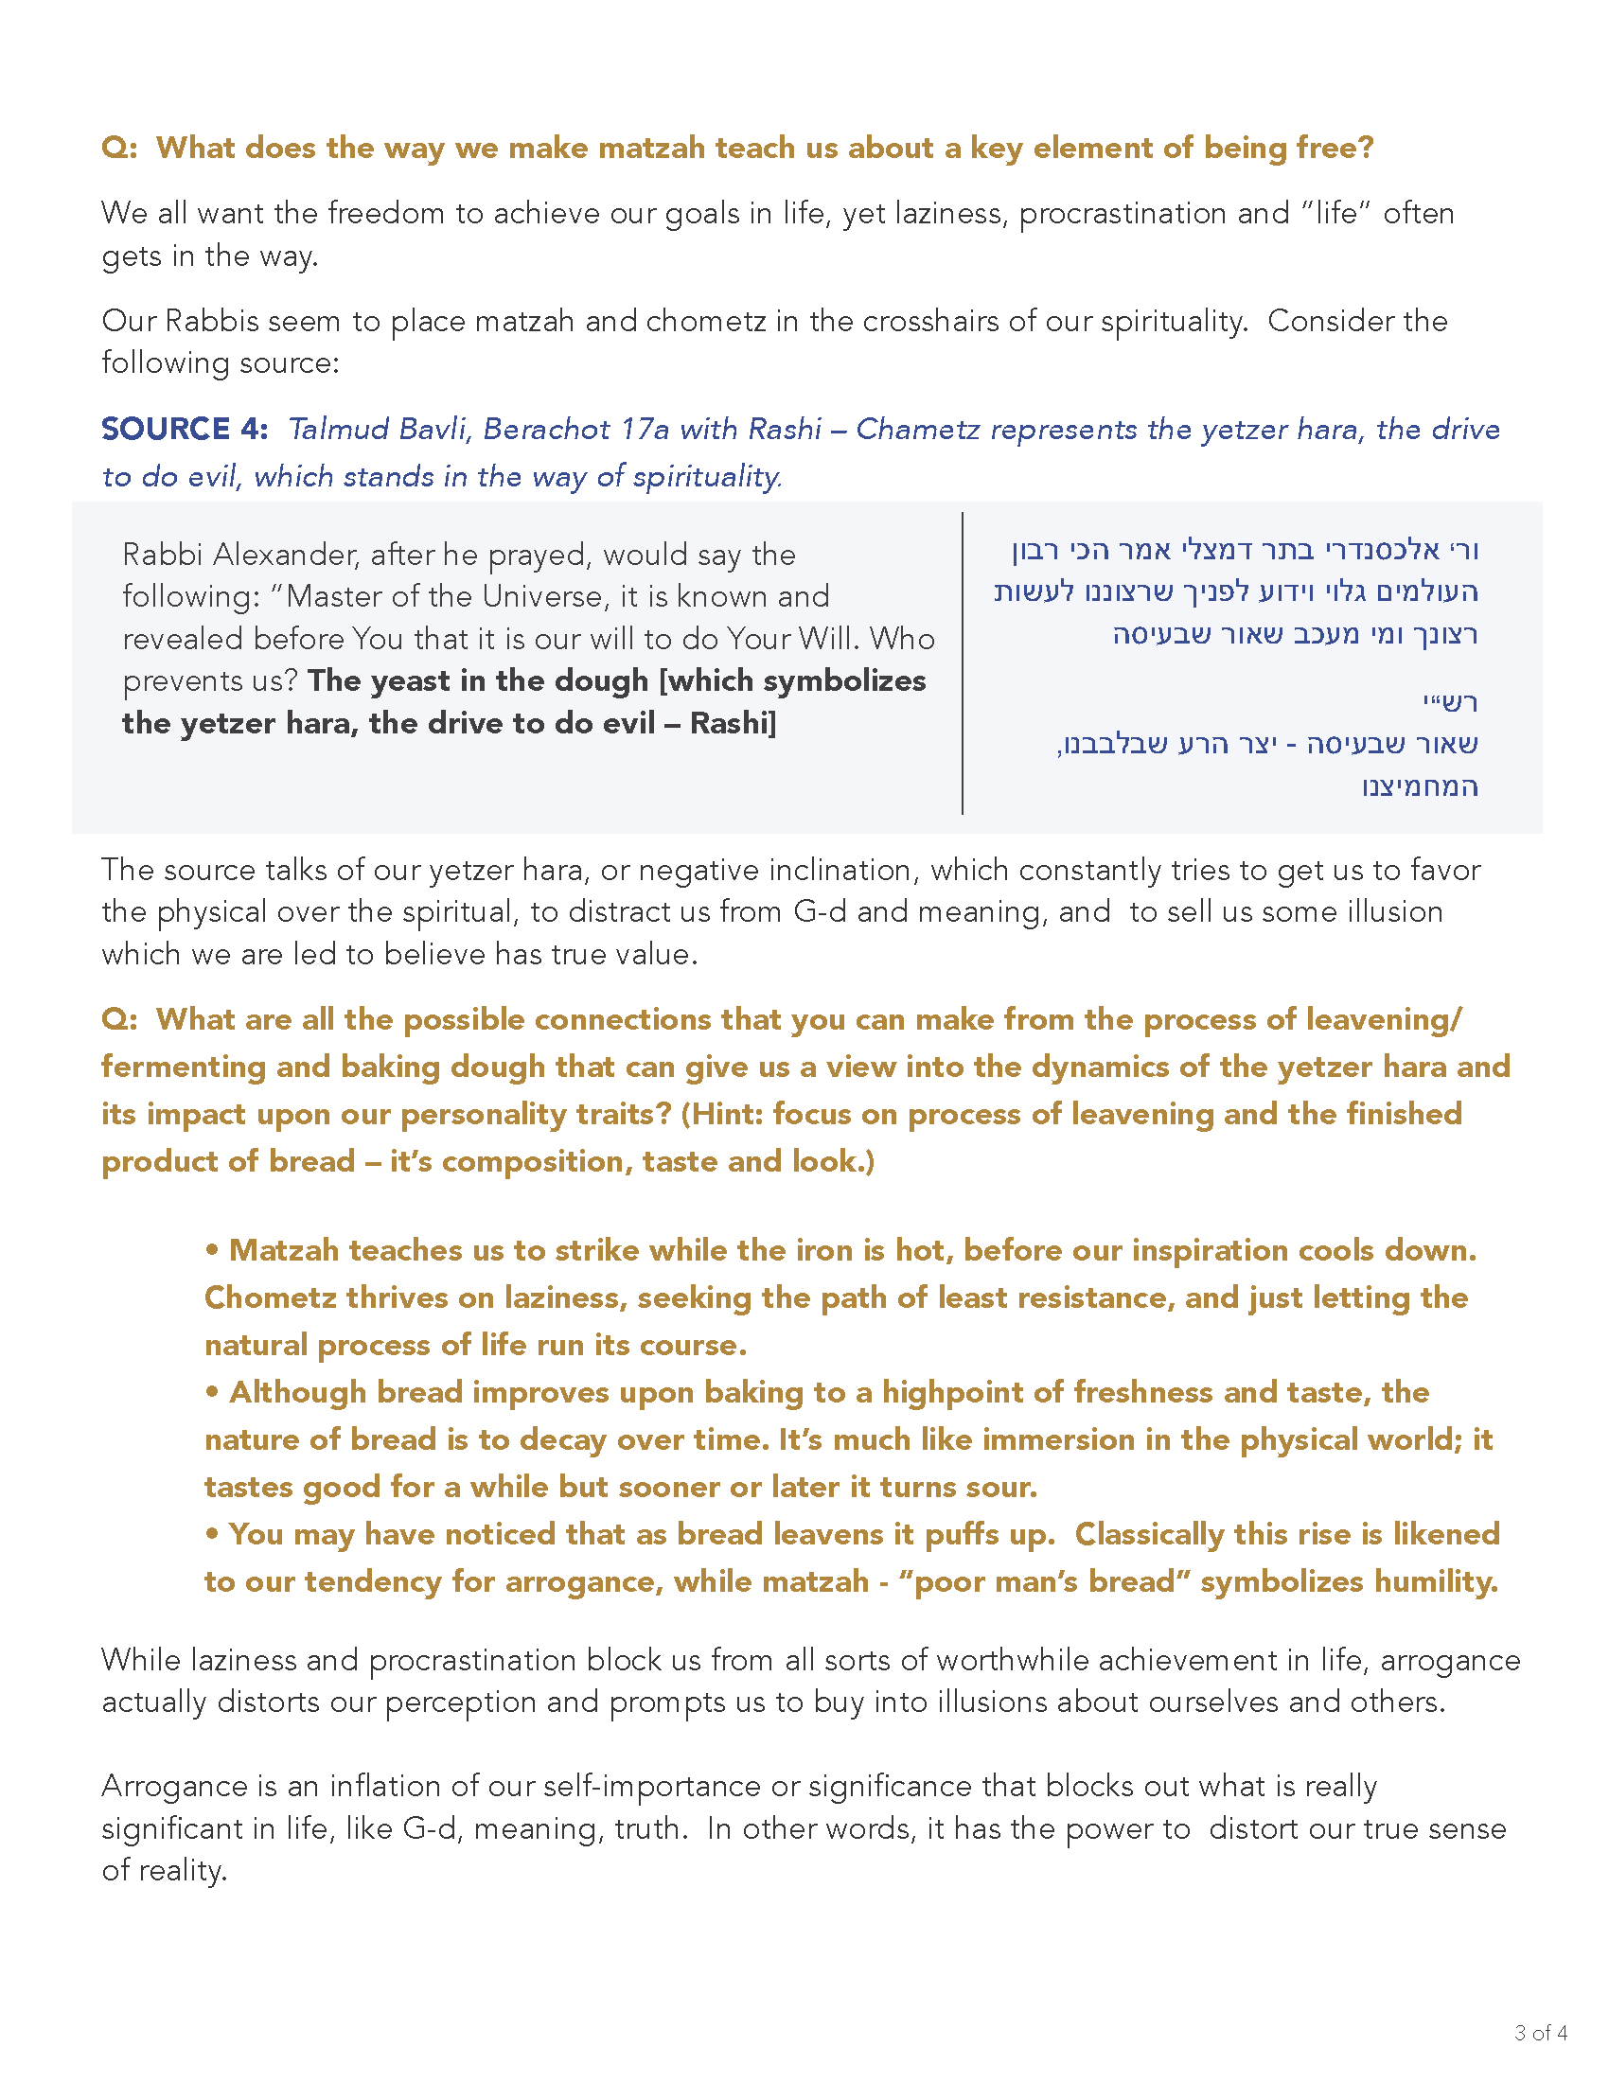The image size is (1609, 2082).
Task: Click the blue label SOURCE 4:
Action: click(x=185, y=429)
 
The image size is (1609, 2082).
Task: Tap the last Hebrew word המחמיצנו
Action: click(x=1420, y=786)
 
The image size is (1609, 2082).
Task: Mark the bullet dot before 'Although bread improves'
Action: click(x=213, y=1393)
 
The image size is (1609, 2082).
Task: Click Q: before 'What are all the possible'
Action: click(x=119, y=1019)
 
